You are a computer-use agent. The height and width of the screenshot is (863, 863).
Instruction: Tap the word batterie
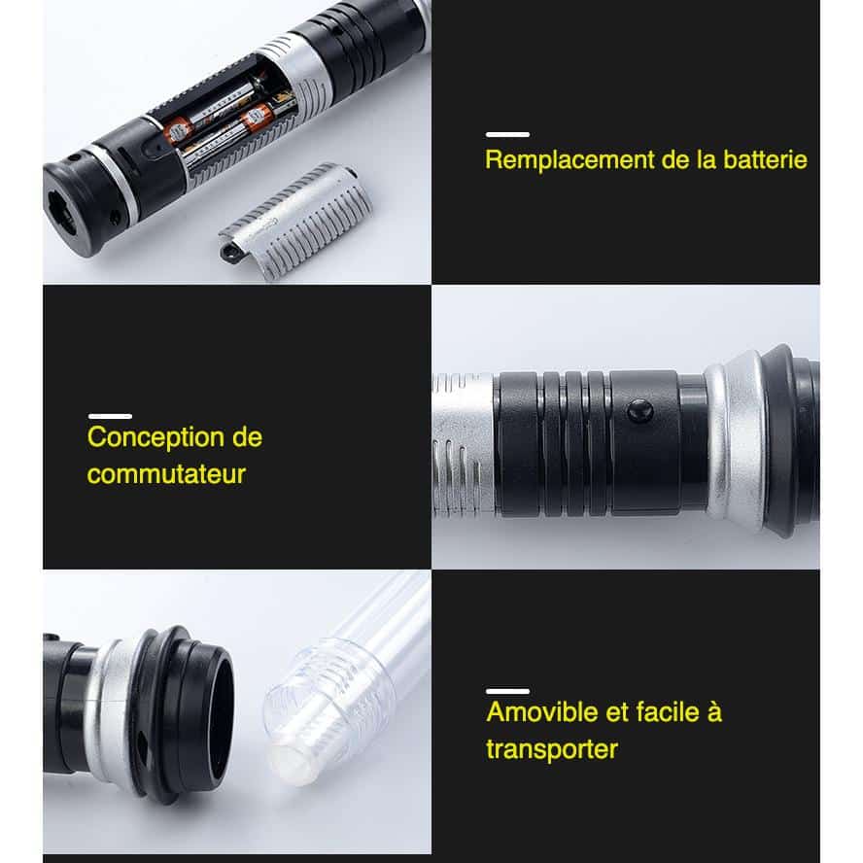tap(765, 159)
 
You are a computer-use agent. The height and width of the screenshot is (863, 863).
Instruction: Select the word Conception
tap(155, 438)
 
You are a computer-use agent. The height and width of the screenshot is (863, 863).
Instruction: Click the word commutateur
tap(166, 474)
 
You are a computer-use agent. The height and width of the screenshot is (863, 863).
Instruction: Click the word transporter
tap(552, 749)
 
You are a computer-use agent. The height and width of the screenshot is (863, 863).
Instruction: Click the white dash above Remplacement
tap(507, 134)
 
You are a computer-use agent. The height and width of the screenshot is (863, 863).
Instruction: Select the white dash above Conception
tap(110, 416)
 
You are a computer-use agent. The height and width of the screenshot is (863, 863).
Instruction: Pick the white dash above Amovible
tap(508, 691)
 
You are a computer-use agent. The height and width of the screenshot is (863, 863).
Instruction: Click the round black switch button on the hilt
tap(640, 411)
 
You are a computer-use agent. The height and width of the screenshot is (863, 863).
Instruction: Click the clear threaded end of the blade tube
tap(328, 710)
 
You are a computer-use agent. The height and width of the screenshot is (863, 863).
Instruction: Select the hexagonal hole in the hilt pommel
tap(61, 213)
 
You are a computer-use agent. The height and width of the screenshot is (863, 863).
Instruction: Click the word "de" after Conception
tap(247, 438)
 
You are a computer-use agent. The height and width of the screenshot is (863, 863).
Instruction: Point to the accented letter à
tap(714, 711)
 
